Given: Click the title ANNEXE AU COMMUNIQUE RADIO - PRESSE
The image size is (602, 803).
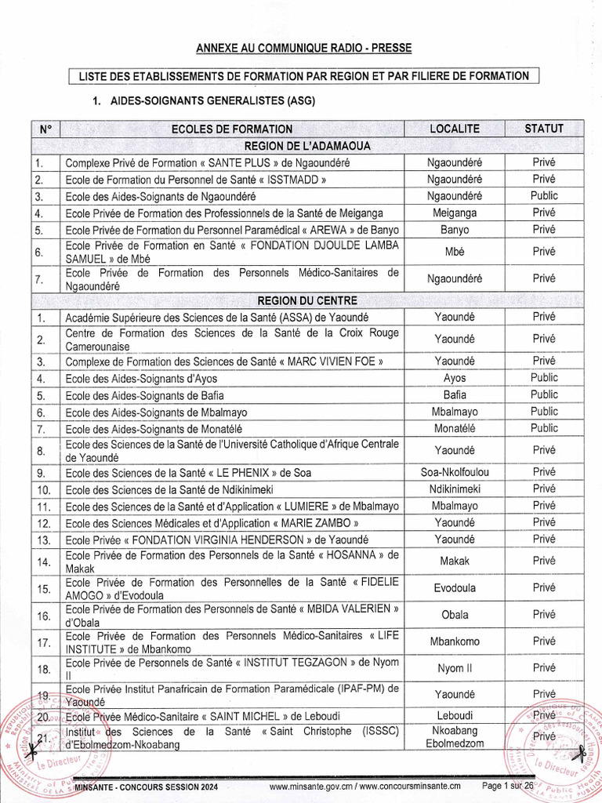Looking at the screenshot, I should pyautogui.click(x=303, y=49).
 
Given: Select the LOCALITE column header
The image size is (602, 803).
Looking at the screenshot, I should pyautogui.click(x=455, y=129).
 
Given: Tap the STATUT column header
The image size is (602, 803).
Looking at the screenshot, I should pyautogui.click(x=544, y=129).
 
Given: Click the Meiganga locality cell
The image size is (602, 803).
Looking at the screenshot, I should pyautogui.click(x=455, y=213).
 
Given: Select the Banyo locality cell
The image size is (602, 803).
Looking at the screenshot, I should pyautogui.click(x=455, y=230).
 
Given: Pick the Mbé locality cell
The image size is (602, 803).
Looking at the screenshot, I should pyautogui.click(x=455, y=252).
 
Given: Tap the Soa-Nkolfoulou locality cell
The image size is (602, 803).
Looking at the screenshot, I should pyautogui.click(x=455, y=472).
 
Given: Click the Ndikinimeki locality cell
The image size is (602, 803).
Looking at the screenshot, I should pyautogui.click(x=455, y=489).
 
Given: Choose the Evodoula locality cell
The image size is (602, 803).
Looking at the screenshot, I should pyautogui.click(x=455, y=587).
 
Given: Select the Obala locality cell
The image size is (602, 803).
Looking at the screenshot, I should pyautogui.click(x=455, y=615).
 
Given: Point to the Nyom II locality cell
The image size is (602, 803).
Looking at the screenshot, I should pyautogui.click(x=455, y=668).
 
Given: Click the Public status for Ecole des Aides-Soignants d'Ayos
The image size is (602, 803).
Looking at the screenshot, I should pyautogui.click(x=544, y=378).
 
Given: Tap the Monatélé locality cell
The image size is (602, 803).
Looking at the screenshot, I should pyautogui.click(x=455, y=428).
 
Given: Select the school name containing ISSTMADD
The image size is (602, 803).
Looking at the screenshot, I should pyautogui.click(x=195, y=180).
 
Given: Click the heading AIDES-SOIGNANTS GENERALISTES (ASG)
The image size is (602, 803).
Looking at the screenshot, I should pyautogui.click(x=204, y=101).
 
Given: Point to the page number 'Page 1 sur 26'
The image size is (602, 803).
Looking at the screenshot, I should pyautogui.click(x=508, y=786).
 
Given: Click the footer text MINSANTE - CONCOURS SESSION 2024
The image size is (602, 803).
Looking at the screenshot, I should pyautogui.click(x=146, y=787).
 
